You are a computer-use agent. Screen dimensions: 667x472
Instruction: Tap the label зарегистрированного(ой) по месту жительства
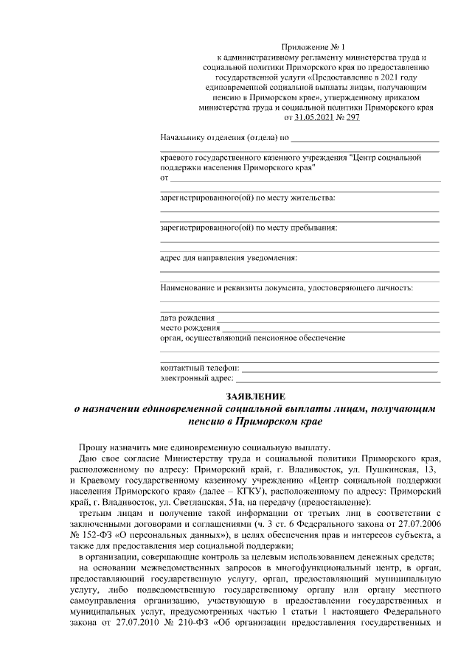(x=247, y=198)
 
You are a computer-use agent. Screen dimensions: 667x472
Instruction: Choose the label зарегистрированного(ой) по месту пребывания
(x=249, y=228)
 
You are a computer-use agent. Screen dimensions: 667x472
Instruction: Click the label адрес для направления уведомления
(x=229, y=258)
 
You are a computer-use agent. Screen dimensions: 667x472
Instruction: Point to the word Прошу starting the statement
(x=94, y=447)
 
